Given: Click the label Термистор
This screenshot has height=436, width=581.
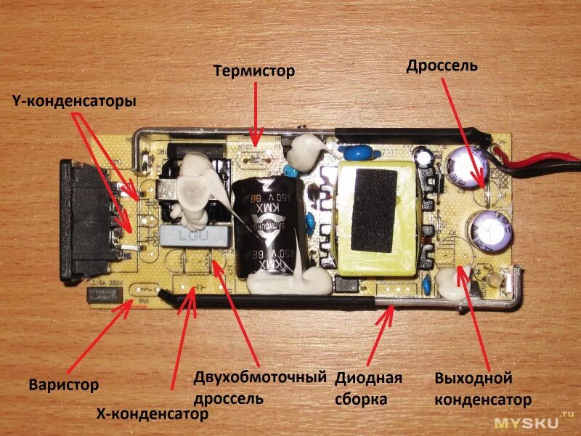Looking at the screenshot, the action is click(254, 71).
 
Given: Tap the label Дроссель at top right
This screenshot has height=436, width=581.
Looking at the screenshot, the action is click(442, 66).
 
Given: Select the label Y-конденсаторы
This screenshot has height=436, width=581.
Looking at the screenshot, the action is click(74, 102).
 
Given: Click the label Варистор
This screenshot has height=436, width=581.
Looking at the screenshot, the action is click(64, 384).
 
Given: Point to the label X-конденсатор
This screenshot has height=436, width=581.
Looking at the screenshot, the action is click(153, 413).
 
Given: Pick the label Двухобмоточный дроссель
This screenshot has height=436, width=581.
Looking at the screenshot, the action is click(258, 388).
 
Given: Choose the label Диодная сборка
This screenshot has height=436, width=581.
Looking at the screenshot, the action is click(368, 389).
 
